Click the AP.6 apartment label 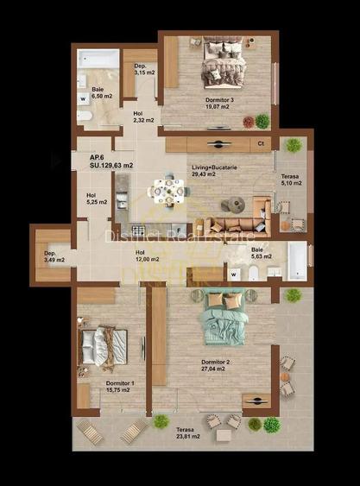coord(98,157)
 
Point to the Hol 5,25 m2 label coord(97,199)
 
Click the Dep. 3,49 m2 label coord(50,256)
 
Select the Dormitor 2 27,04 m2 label coord(214,365)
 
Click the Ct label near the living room coord(261,144)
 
